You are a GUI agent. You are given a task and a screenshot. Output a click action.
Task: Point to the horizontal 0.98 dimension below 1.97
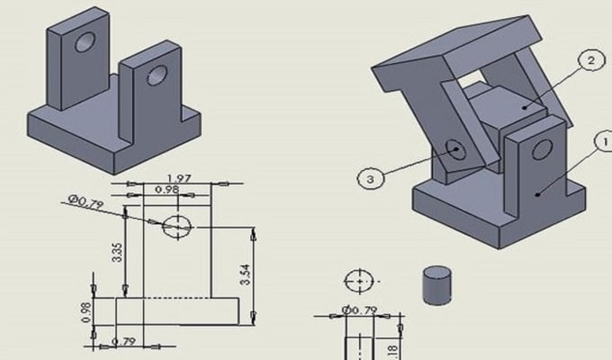point(166,190)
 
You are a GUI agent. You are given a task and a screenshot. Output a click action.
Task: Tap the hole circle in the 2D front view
point(177,227)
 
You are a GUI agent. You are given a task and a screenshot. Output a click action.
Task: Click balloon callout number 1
point(604,141)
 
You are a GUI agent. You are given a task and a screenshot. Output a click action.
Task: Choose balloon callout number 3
point(370,178)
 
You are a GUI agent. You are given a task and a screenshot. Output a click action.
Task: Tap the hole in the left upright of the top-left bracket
point(85,41)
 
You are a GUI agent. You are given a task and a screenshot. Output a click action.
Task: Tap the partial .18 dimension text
point(390,351)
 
